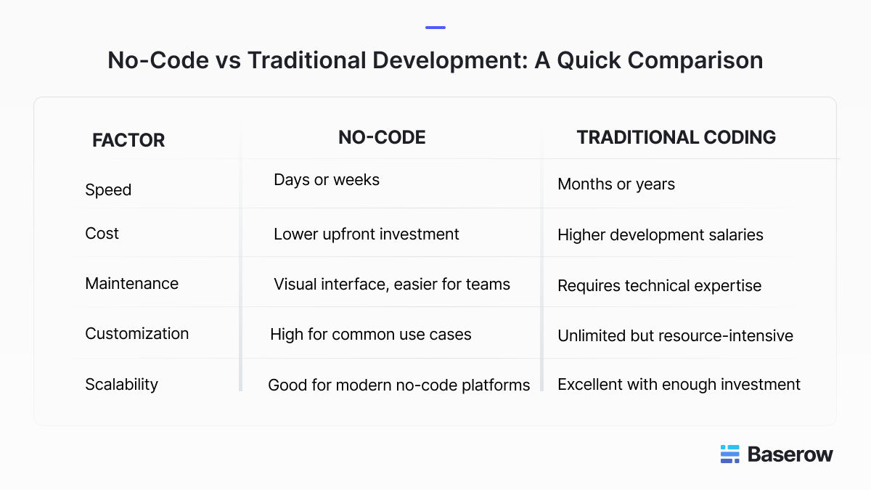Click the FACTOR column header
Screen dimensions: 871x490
click(x=128, y=140)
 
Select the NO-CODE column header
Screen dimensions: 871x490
click(x=382, y=137)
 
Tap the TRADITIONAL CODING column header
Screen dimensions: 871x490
click(x=676, y=137)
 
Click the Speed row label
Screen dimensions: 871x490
click(x=108, y=190)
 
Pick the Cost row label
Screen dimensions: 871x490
click(x=102, y=233)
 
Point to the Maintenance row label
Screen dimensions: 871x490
click(x=132, y=284)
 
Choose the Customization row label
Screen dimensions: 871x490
click(x=137, y=334)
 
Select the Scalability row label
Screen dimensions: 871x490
click(x=122, y=385)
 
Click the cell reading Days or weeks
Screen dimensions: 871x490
click(x=327, y=180)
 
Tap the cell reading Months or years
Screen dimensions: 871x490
click(x=616, y=184)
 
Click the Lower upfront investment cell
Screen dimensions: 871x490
click(x=367, y=234)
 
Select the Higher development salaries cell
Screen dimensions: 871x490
click(x=661, y=235)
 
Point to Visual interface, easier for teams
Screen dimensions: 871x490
click(x=392, y=285)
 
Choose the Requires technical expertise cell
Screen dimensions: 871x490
click(x=660, y=286)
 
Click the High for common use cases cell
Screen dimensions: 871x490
click(x=371, y=335)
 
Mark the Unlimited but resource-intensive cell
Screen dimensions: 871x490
click(x=676, y=335)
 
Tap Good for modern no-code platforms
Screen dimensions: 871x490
click(x=399, y=385)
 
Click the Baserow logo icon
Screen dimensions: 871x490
click(x=730, y=454)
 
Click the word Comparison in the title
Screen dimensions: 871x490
click(x=695, y=61)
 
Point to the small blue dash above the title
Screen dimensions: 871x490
click(x=435, y=28)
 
